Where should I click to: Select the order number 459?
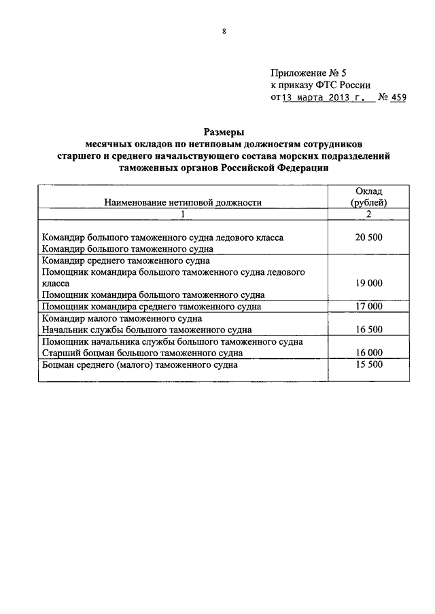(397, 98)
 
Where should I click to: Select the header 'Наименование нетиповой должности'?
(182, 202)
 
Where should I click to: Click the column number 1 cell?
(182, 214)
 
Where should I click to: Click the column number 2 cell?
(369, 214)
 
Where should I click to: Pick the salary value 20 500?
(369, 237)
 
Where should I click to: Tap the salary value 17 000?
(369, 307)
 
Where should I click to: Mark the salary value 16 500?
(369, 330)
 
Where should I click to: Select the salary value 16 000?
(369, 353)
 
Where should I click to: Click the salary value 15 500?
(369, 364)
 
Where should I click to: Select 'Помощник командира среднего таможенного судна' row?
(152, 307)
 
